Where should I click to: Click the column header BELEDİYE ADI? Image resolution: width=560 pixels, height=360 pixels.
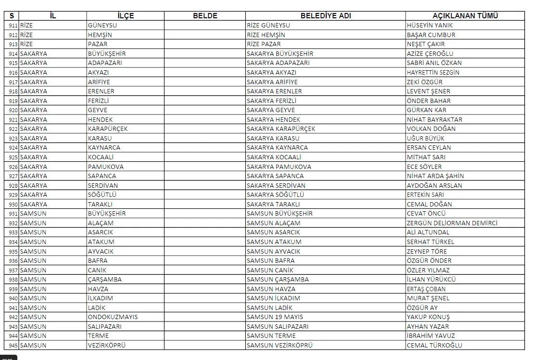click(325, 15)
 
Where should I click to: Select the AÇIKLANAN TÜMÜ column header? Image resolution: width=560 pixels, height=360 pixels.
click(464, 15)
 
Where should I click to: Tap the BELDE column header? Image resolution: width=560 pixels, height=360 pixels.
click(205, 15)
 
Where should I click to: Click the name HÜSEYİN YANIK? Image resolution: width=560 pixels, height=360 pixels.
click(430, 25)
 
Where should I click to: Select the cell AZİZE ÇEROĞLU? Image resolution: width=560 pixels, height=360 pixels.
click(430, 53)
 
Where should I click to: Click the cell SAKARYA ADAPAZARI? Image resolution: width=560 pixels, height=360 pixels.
click(278, 63)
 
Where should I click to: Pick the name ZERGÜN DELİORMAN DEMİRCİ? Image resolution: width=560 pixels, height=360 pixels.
click(452, 223)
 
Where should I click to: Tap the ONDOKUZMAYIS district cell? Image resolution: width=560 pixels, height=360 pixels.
click(113, 317)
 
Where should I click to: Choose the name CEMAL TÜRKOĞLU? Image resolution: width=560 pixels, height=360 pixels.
click(434, 345)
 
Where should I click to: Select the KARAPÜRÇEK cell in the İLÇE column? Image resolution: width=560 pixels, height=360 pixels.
click(107, 129)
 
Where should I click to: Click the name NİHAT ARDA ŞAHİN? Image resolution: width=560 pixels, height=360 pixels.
click(435, 176)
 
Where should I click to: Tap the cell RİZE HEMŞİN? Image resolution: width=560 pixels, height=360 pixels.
click(266, 35)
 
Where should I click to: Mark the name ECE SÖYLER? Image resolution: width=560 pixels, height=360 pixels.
click(424, 167)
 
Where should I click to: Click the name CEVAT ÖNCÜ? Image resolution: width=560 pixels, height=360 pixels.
click(426, 213)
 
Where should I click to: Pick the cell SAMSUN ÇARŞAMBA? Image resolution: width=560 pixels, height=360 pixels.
click(278, 279)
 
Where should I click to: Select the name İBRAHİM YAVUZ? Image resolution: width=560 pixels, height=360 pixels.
click(431, 335)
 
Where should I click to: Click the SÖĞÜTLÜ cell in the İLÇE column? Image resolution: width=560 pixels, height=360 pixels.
click(102, 194)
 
